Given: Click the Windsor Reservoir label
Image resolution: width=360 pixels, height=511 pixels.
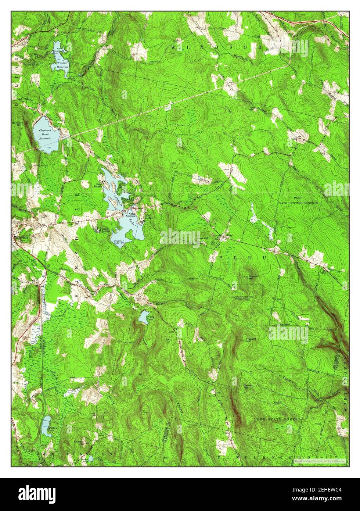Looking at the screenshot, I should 60,65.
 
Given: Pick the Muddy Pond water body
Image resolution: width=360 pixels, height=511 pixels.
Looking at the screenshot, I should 46,425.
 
